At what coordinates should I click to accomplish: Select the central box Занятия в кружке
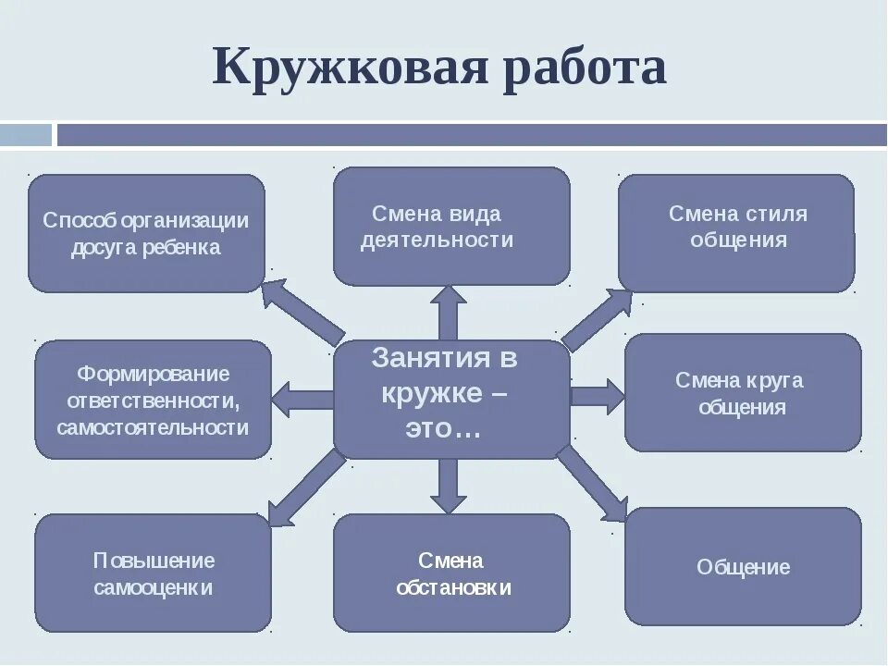(450, 398)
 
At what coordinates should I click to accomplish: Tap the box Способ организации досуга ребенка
(146, 233)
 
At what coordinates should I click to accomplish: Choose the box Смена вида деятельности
(450, 226)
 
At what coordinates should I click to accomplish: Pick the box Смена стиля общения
(736, 231)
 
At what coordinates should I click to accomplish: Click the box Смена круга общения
(742, 392)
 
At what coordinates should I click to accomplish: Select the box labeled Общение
(742, 565)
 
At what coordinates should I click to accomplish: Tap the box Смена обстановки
(450, 573)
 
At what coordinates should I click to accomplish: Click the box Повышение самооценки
(153, 573)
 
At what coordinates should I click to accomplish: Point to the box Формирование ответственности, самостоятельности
(153, 400)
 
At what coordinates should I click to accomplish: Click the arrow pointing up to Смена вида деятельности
(449, 313)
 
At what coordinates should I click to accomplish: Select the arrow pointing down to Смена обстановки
(449, 485)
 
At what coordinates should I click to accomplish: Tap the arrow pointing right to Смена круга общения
(598, 396)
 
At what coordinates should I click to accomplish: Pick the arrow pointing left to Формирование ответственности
(303, 399)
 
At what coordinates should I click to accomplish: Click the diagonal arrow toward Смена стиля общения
(597, 319)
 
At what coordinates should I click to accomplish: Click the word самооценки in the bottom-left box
(154, 587)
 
